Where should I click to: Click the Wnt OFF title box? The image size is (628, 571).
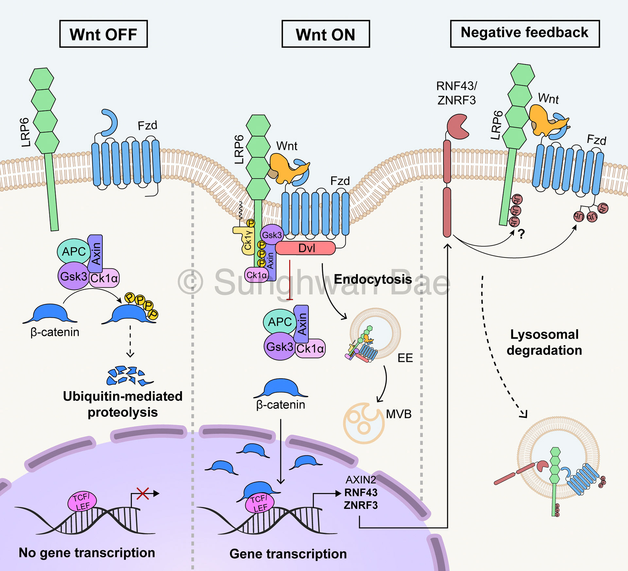[x=103, y=34]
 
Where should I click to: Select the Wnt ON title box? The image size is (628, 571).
[x=325, y=34]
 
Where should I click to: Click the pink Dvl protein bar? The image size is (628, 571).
[x=305, y=248]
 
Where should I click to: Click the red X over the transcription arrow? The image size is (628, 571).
[x=143, y=493]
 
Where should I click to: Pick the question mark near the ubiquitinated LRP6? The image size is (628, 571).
[x=521, y=234]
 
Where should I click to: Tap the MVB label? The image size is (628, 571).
[x=398, y=414]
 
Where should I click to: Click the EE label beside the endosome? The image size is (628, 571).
[x=405, y=358]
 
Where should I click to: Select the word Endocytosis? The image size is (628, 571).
[x=373, y=279]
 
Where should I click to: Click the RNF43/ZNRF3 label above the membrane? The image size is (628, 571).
[x=457, y=93]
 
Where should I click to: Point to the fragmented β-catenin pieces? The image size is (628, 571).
[x=129, y=375]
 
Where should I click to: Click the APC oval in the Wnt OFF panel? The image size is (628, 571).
[x=74, y=251]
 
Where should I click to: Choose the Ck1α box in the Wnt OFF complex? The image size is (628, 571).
[x=104, y=278]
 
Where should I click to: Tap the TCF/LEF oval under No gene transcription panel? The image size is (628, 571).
[x=82, y=502]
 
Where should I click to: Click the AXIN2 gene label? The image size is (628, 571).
[x=361, y=480]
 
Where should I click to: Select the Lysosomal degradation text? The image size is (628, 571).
[x=544, y=342]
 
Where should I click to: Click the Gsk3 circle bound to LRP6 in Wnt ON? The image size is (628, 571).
[x=271, y=235]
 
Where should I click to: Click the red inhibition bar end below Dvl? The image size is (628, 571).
[x=289, y=299]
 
